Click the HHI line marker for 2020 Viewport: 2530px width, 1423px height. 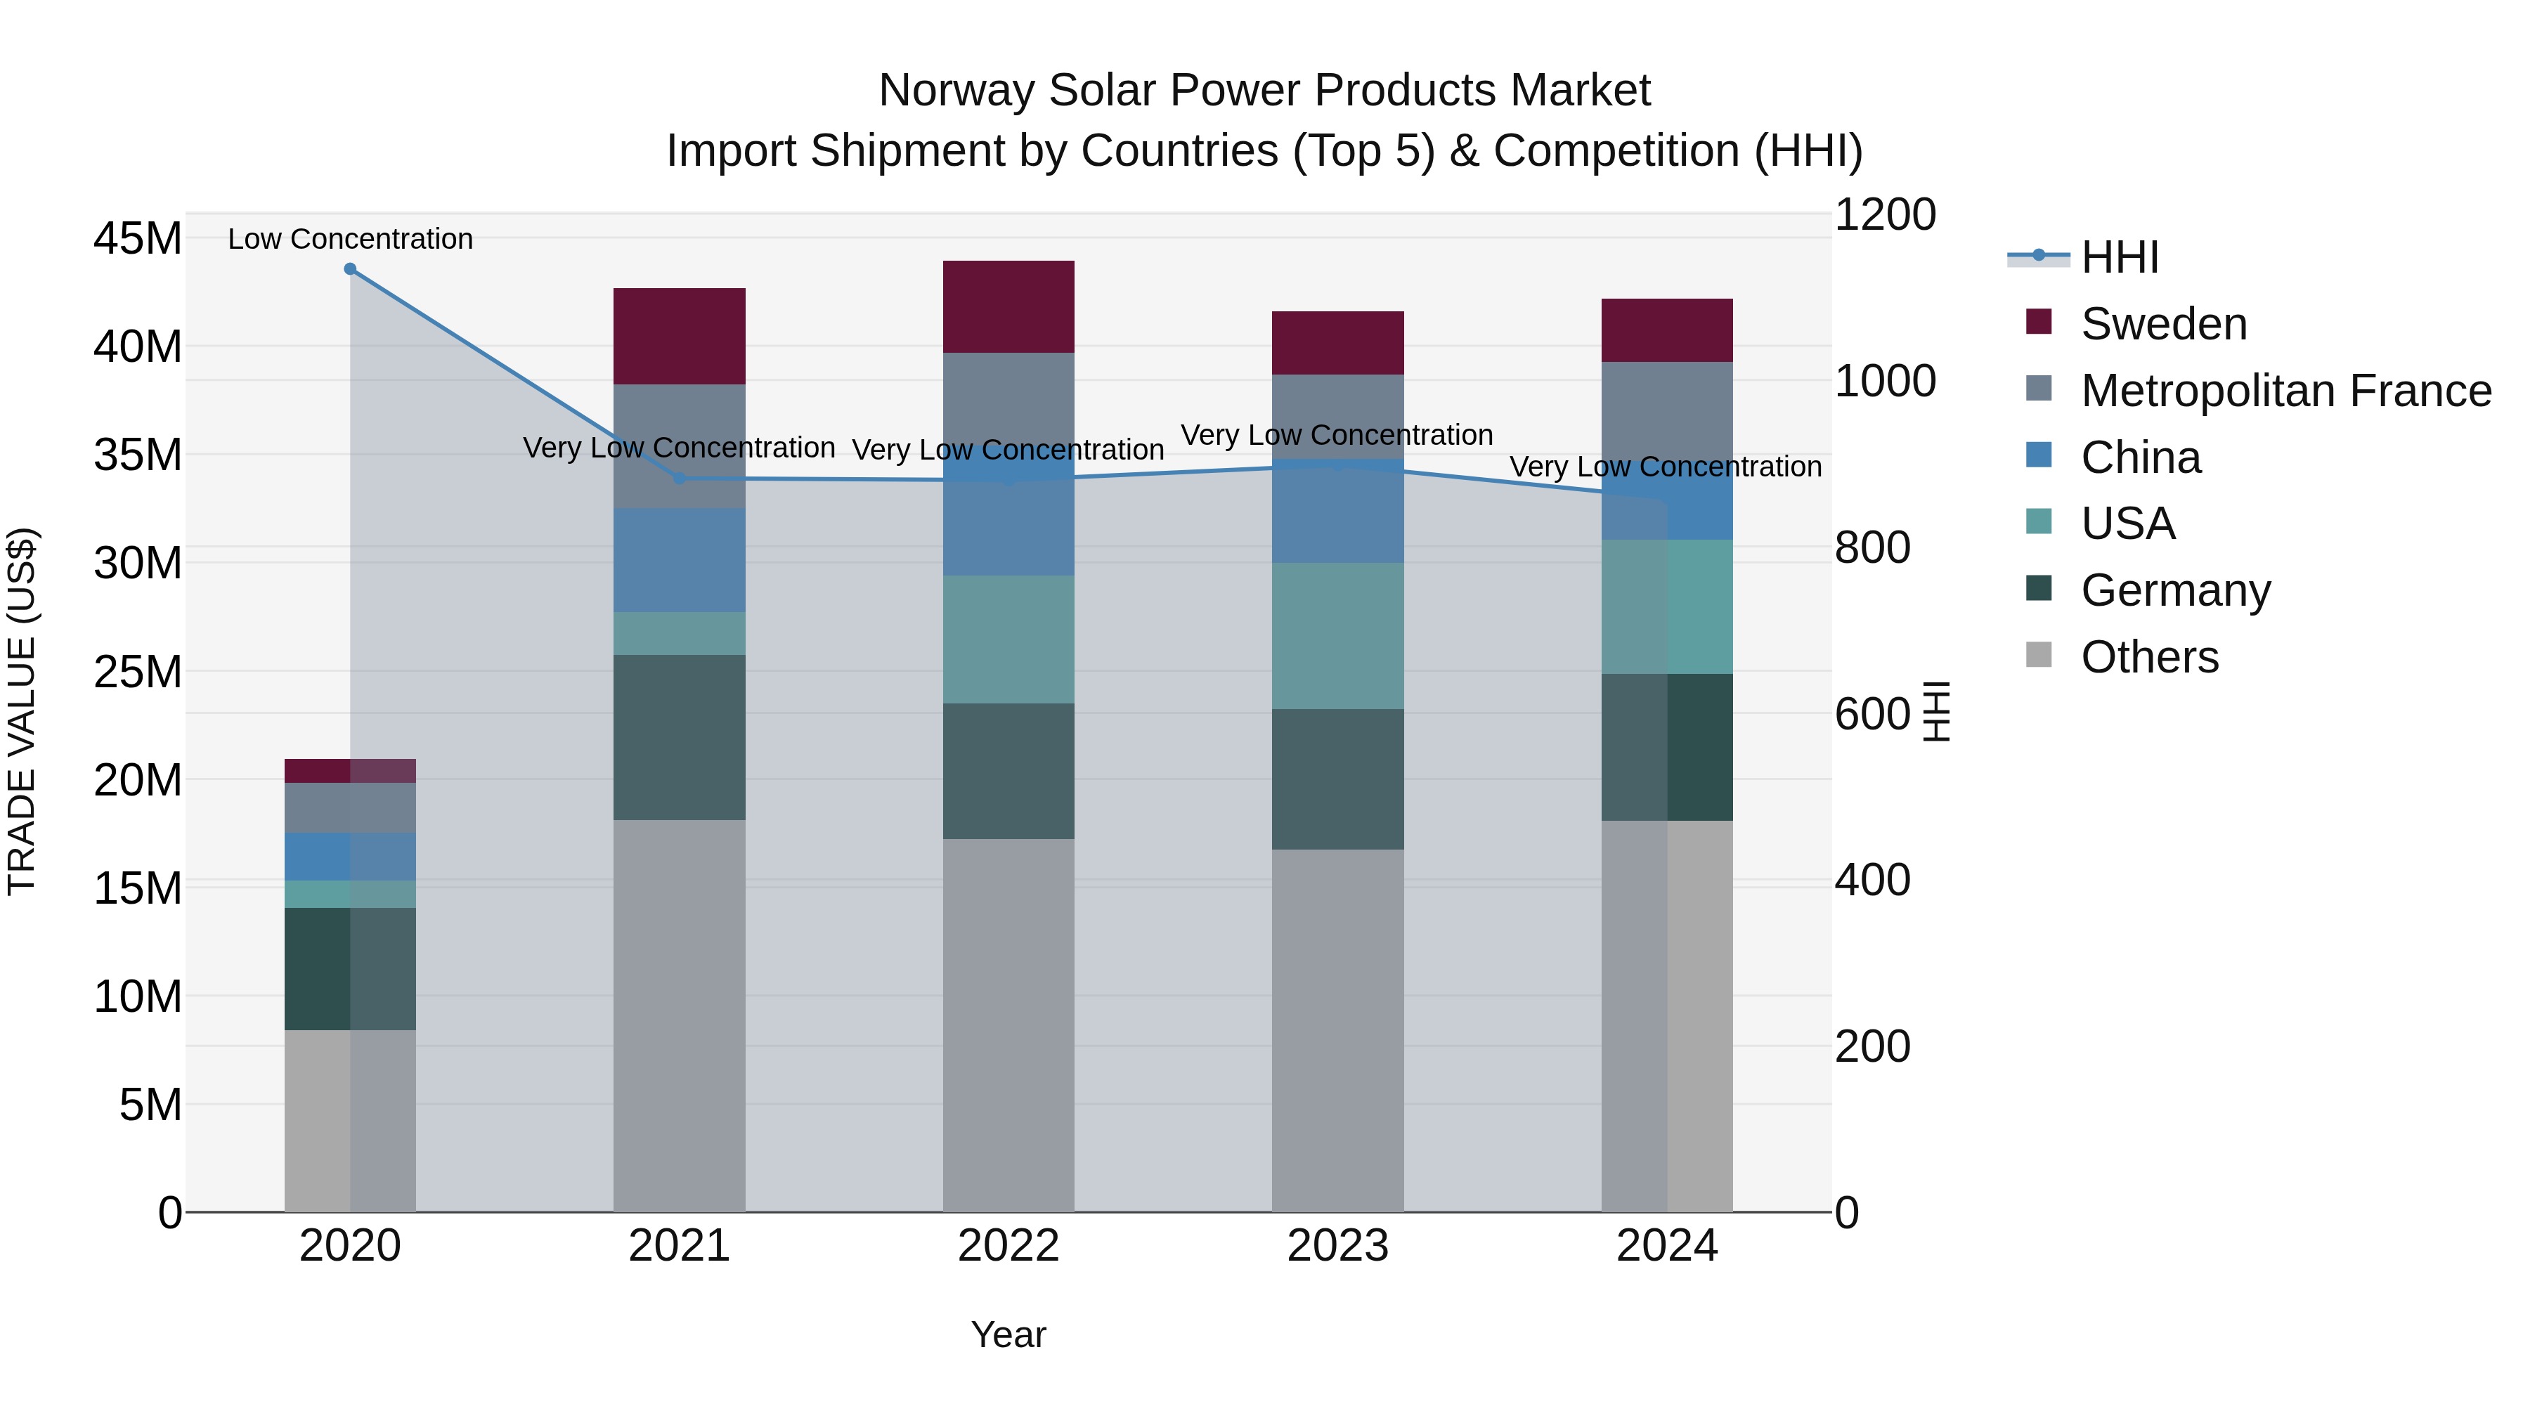pos(350,269)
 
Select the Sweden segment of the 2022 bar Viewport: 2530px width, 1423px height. pos(1008,306)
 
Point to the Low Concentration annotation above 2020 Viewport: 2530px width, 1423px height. pos(350,239)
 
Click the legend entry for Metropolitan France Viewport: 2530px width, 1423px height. pos(2285,391)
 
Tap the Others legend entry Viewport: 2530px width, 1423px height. pos(2149,657)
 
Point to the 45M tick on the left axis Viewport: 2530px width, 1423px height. pos(138,239)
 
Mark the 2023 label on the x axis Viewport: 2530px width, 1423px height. pos(1337,1246)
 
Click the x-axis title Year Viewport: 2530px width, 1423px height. pos(1008,1334)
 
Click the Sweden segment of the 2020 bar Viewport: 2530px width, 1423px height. pos(350,771)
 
